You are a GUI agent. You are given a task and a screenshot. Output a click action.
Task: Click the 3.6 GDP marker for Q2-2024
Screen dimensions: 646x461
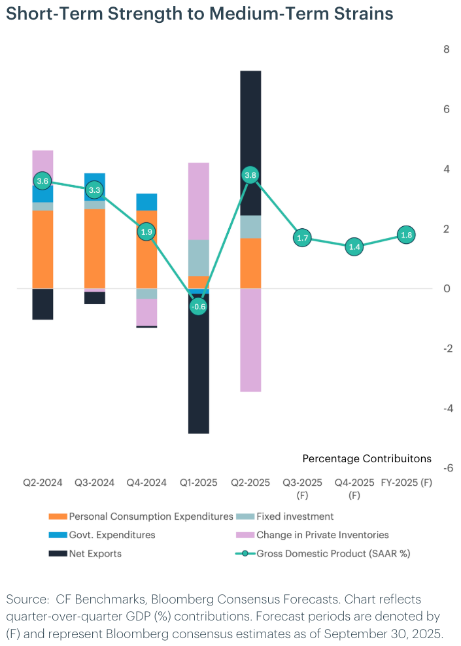(x=43, y=181)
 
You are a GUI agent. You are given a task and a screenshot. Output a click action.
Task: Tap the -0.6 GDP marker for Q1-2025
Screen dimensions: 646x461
(x=198, y=306)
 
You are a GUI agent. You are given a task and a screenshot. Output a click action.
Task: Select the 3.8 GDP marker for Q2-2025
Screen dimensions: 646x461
(x=250, y=175)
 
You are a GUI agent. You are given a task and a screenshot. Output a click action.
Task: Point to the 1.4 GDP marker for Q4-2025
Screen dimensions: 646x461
(x=354, y=247)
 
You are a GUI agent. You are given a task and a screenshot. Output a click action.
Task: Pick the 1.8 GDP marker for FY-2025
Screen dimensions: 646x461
(x=406, y=235)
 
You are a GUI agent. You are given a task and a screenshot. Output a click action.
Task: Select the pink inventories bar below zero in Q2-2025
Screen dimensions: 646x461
(x=250, y=340)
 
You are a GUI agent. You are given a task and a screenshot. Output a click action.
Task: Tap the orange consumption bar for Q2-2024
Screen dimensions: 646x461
(x=43, y=249)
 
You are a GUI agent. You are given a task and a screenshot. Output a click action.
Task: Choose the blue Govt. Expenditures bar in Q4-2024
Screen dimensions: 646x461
(x=146, y=201)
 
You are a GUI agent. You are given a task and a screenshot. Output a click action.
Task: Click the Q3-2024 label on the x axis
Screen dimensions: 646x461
(x=94, y=483)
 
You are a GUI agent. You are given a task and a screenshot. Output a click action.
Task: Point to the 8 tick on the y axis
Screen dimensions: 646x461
(x=446, y=49)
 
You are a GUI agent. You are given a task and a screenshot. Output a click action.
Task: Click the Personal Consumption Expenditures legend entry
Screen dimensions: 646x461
(x=151, y=517)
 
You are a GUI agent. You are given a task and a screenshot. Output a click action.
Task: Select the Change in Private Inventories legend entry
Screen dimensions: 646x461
(x=322, y=535)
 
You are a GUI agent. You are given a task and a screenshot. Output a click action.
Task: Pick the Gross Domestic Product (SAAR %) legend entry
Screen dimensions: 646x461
(x=333, y=554)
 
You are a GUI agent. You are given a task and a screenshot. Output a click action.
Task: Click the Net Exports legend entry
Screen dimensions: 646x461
(x=95, y=554)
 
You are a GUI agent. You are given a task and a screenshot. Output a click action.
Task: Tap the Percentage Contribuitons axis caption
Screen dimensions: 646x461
(x=367, y=457)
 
